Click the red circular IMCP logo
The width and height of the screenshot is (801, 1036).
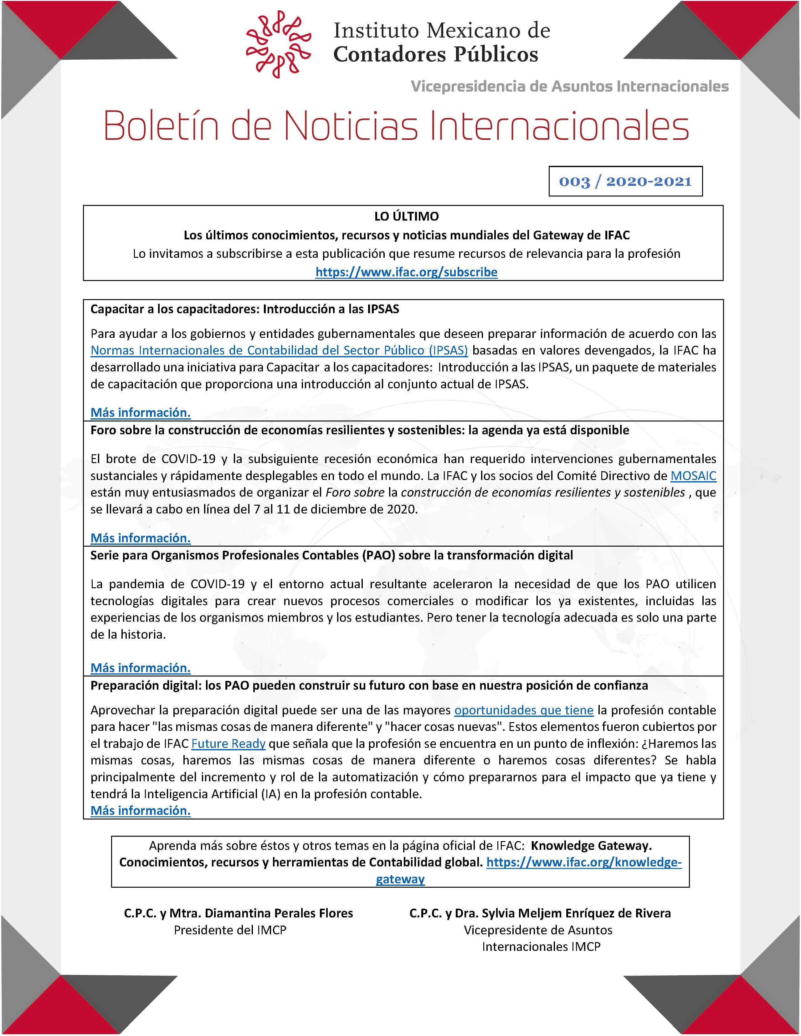(279, 44)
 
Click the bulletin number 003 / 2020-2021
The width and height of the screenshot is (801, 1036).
(625, 181)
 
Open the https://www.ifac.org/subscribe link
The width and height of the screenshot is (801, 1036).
(406, 272)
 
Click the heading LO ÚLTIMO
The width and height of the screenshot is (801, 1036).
(406, 216)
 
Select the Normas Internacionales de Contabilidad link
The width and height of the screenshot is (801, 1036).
(279, 350)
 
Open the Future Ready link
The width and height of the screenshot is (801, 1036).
(228, 744)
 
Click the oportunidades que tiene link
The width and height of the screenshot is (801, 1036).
(524, 710)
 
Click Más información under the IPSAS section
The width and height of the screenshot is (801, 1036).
(141, 413)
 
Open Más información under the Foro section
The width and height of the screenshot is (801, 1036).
(141, 538)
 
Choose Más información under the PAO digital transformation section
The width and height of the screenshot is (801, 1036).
(141, 668)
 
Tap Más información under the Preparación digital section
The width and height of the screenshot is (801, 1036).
(141, 811)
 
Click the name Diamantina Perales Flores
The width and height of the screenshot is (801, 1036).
(279, 913)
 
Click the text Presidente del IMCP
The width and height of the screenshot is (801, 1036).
(230, 930)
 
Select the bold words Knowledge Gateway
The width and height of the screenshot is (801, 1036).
(591, 845)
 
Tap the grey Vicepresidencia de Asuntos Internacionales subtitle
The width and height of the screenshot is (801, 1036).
(569, 86)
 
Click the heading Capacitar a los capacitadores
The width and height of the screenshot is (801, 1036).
(244, 309)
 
